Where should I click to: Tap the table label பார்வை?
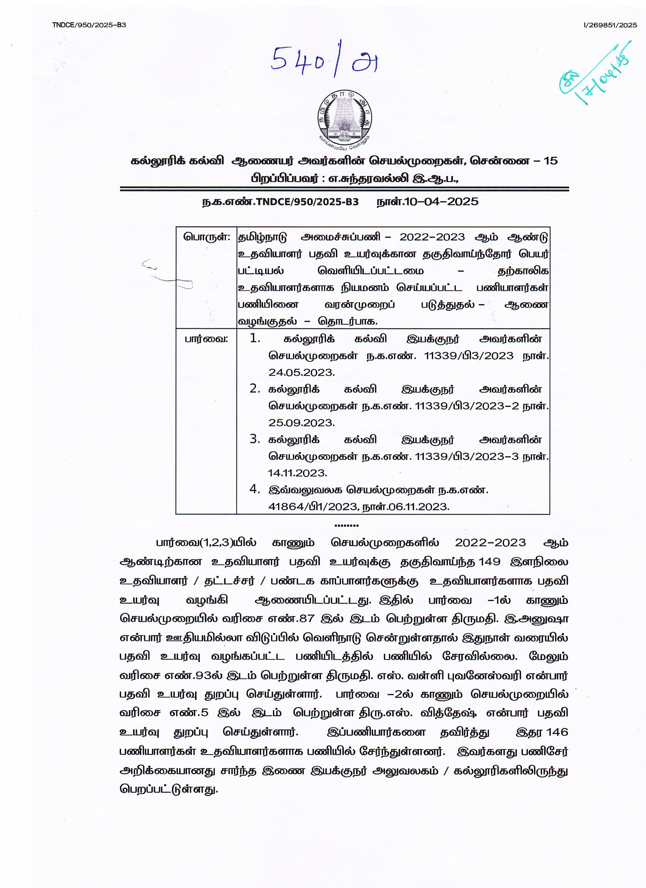(206, 339)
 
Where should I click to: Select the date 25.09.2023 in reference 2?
(301, 423)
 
